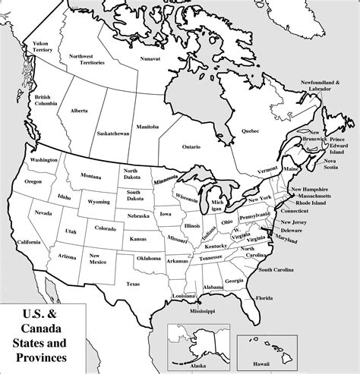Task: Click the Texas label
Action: (134, 284)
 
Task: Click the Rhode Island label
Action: (311, 203)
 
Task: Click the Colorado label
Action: (106, 228)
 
